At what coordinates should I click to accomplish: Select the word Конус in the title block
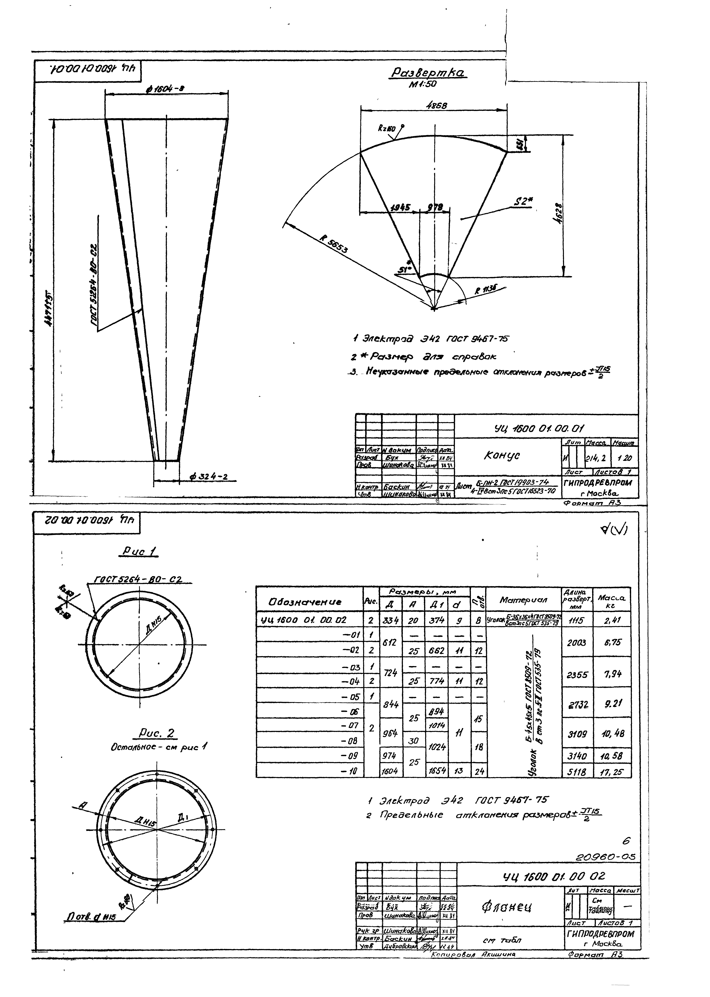point(501,455)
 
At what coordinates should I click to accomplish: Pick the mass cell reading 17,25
point(612,772)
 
